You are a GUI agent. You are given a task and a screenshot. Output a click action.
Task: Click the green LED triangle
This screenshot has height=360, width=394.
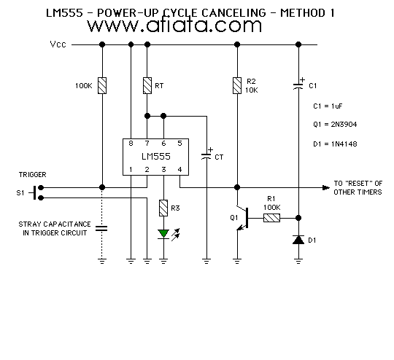click(x=163, y=234)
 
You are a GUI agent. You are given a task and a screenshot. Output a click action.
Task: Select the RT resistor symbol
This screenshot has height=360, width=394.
click(x=147, y=85)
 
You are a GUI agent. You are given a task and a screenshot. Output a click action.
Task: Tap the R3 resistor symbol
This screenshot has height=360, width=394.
click(x=163, y=208)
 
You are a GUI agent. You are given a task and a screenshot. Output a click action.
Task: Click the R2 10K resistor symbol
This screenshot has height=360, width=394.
click(x=237, y=85)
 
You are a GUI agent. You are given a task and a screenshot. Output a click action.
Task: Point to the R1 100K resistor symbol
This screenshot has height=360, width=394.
click(x=271, y=218)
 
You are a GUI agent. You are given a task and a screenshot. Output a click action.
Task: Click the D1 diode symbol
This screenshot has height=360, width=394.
click(x=298, y=240)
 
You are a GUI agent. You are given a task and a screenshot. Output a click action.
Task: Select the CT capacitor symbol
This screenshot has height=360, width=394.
click(x=206, y=154)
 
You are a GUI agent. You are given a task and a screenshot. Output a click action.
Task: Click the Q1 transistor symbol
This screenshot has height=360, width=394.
click(x=242, y=218)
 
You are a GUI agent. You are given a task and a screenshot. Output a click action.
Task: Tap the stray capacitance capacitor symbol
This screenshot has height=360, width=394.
click(x=101, y=228)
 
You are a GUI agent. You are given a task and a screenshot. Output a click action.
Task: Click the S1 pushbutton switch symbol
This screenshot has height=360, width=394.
click(x=36, y=193)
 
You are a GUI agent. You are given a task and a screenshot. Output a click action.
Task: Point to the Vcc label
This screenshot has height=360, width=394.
click(x=58, y=44)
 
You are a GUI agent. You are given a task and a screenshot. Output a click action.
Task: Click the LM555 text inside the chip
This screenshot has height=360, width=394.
click(x=156, y=157)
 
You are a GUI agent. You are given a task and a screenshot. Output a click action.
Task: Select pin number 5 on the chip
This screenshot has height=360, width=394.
click(x=179, y=144)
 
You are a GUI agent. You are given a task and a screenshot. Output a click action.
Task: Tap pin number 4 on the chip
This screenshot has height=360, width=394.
click(x=179, y=170)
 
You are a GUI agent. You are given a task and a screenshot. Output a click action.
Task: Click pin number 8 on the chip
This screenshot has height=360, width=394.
click(x=131, y=144)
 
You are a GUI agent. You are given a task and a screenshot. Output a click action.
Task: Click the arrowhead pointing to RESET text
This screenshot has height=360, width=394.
click(x=326, y=187)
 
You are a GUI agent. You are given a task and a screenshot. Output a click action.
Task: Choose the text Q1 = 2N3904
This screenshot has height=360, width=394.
click(x=335, y=125)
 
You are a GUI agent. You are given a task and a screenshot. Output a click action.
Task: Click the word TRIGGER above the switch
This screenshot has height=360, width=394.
click(x=33, y=175)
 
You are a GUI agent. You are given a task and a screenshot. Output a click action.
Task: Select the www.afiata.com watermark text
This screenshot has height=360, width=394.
click(x=174, y=26)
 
